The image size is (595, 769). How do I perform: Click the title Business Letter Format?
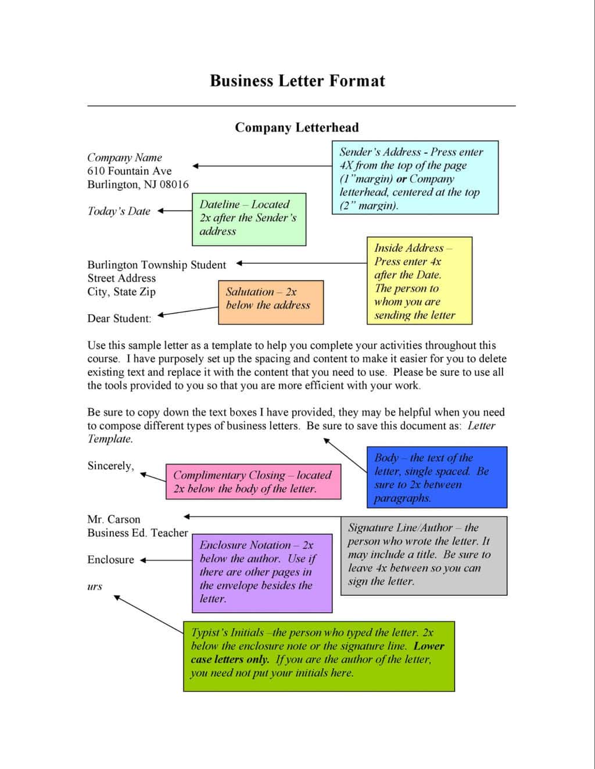tap(297, 81)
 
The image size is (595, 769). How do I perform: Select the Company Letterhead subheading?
tap(296, 128)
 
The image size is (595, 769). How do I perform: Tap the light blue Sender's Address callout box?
tap(415, 178)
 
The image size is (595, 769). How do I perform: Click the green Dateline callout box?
tap(249, 218)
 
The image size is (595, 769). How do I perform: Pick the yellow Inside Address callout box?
tap(419, 281)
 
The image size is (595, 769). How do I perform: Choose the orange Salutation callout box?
tap(270, 302)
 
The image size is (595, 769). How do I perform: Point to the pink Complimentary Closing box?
tap(253, 481)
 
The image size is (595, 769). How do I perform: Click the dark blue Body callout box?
tap(436, 477)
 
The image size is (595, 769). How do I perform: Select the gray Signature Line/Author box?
tap(424, 555)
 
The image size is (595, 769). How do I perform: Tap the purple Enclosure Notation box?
tap(261, 573)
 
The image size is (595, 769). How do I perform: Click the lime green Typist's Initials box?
tap(318, 656)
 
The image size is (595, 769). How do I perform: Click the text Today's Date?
tap(119, 211)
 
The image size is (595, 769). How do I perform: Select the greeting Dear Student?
tap(119, 318)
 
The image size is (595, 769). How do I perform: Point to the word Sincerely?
tap(110, 466)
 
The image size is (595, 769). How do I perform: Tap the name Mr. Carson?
tap(114, 519)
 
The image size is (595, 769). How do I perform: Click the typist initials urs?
tap(95, 587)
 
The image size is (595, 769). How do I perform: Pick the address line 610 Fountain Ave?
tap(130, 171)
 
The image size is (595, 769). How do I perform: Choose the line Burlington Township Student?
tap(156, 265)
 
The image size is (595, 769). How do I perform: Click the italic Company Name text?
tap(124, 157)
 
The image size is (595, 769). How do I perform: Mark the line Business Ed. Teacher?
tap(138, 533)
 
